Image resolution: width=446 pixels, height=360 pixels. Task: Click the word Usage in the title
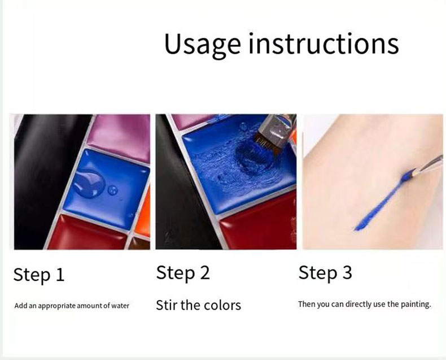pos(198,44)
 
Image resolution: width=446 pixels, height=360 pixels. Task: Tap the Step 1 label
pos(39,275)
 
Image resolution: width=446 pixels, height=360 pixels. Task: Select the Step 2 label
pos(183,273)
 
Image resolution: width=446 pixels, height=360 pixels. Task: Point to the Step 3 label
pos(325,273)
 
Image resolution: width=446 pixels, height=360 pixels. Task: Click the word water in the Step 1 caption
pos(119,306)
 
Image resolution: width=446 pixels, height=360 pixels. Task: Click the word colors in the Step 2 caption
pos(221,305)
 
